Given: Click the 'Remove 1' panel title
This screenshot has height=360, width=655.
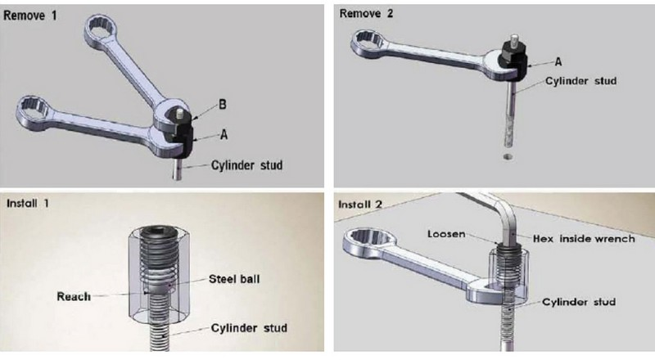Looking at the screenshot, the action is [x=29, y=16].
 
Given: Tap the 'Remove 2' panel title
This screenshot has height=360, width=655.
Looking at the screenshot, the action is [x=366, y=14].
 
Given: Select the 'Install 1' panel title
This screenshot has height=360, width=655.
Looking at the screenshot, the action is [x=28, y=204].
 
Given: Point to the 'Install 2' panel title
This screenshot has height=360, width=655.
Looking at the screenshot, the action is [x=359, y=205].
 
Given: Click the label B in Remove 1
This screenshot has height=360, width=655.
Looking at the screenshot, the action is [x=223, y=105].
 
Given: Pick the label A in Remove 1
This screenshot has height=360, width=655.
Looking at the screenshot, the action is [x=224, y=135].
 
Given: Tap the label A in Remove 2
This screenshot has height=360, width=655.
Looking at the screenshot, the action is [x=558, y=62].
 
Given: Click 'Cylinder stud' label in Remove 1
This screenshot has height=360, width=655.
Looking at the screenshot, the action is [x=247, y=165].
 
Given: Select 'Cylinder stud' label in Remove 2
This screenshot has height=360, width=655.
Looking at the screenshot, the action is [x=581, y=81].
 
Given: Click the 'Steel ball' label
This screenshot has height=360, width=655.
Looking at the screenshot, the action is [x=234, y=279].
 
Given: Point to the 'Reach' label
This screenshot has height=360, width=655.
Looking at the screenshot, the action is [x=74, y=297].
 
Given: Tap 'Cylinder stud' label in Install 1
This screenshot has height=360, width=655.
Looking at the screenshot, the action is [x=249, y=328].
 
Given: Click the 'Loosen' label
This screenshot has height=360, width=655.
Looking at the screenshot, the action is [x=446, y=234].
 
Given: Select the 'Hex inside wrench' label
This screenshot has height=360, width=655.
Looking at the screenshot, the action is [x=584, y=239].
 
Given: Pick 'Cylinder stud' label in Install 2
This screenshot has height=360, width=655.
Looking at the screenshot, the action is [x=579, y=302].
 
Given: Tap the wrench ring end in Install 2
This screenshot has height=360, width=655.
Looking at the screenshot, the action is [x=370, y=241].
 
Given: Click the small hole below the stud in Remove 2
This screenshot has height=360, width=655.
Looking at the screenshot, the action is [x=508, y=156].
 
